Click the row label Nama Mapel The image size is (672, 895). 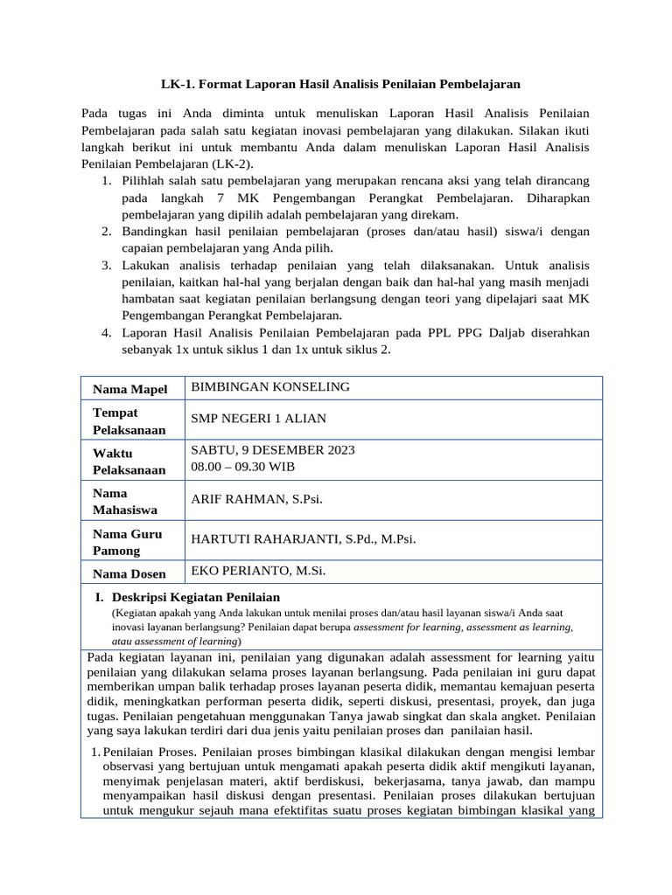(x=130, y=389)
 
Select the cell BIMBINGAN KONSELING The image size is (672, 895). (x=270, y=386)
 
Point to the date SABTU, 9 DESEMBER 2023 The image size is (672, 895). (x=273, y=451)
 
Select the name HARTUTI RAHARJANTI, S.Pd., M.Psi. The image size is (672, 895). (x=303, y=539)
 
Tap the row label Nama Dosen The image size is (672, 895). (x=129, y=573)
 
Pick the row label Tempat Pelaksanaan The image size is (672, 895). (x=129, y=420)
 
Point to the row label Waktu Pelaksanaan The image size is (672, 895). (x=129, y=461)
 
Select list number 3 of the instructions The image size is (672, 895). (x=104, y=265)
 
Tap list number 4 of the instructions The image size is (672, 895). (x=104, y=333)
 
